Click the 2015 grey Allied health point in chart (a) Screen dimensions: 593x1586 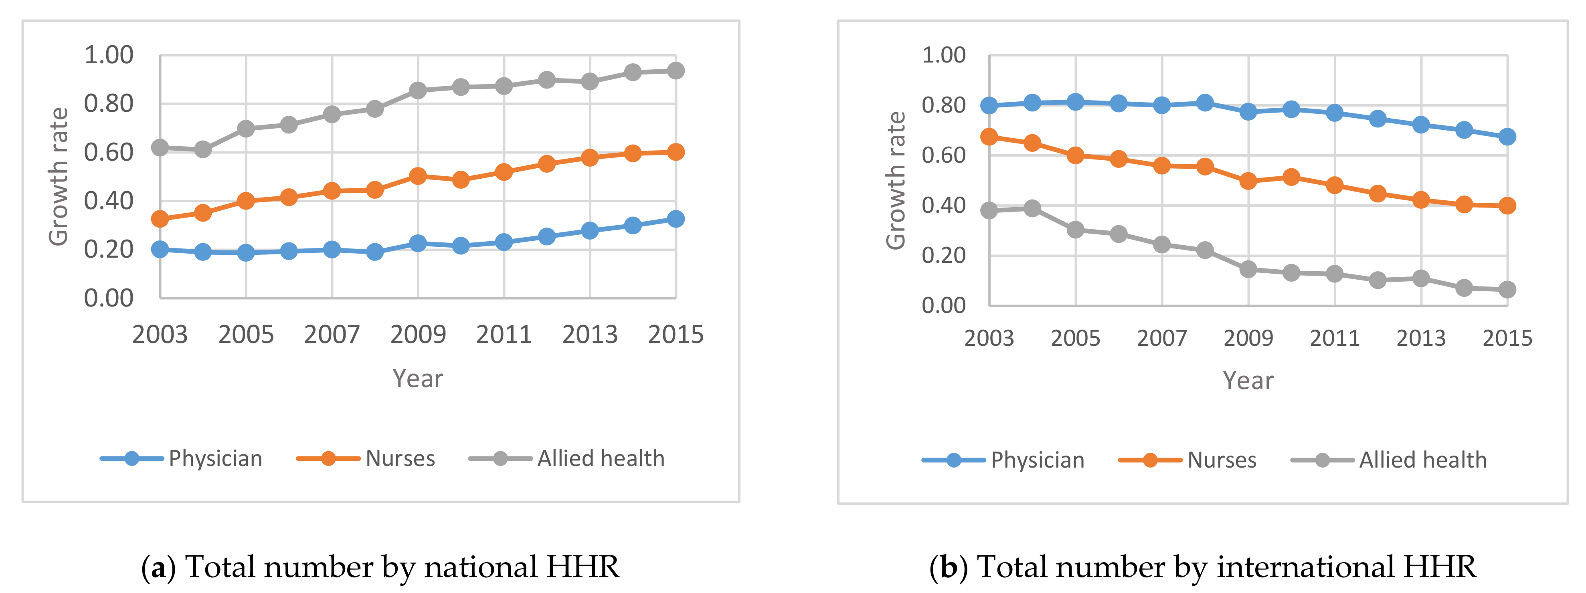(x=676, y=71)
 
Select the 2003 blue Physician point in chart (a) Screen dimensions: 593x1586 (x=160, y=249)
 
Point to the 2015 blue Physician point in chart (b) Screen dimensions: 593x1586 (x=1507, y=137)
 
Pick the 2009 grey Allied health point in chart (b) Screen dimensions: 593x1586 (x=1248, y=269)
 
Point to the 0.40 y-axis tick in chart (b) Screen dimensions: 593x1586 (x=943, y=205)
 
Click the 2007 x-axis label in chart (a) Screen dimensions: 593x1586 (x=332, y=335)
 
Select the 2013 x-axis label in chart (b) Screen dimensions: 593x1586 (x=1420, y=338)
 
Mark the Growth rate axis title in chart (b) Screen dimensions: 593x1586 (x=896, y=180)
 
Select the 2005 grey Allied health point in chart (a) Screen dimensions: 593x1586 (x=246, y=129)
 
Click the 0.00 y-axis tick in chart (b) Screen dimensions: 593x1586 (x=943, y=305)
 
